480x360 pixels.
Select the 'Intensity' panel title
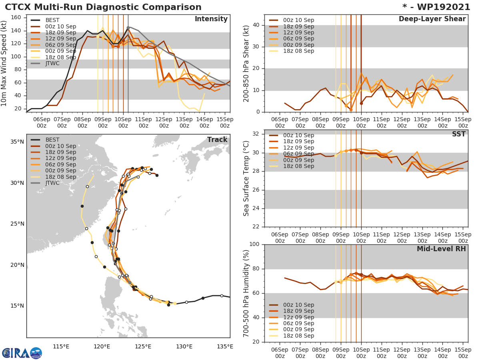pyautogui.click(x=211, y=19)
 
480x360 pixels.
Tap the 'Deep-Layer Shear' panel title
pyautogui.click(x=432, y=19)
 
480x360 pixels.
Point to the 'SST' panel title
pyautogui.click(x=458, y=134)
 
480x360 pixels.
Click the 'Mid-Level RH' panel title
pyautogui.click(x=441, y=249)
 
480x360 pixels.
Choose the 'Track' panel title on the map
pyautogui.click(x=217, y=140)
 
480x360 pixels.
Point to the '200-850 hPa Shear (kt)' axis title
pyautogui.click(x=246, y=63)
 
